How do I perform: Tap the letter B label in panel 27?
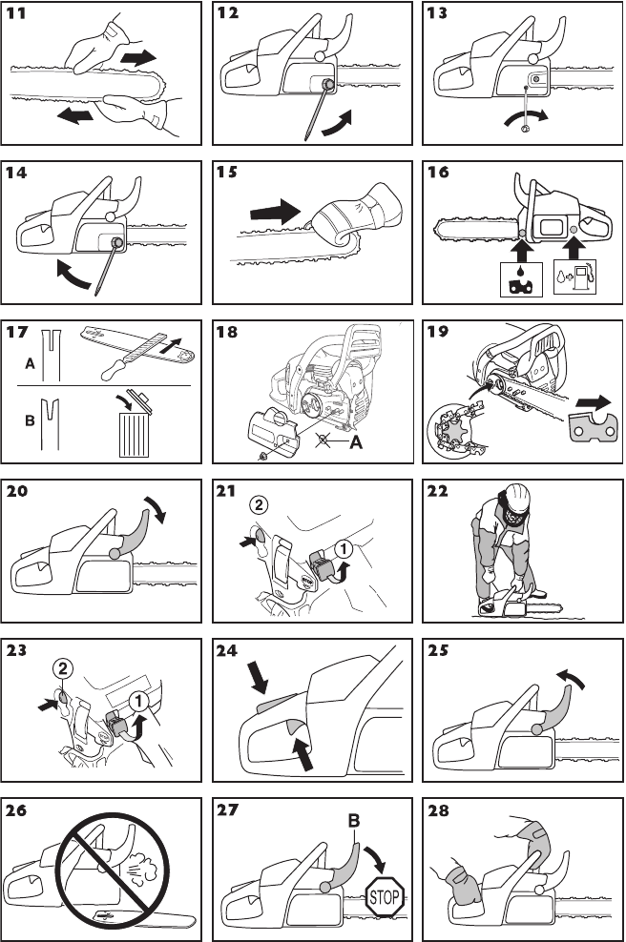pyautogui.click(x=354, y=817)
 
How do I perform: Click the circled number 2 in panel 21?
pyautogui.click(x=257, y=504)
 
